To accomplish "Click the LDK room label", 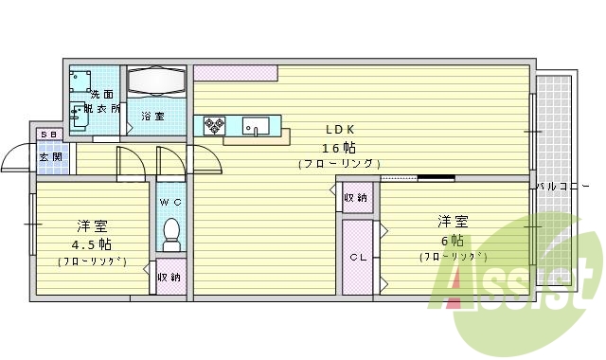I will pyautogui.click(x=340, y=129).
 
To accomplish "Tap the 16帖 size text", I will pyautogui.click(x=340, y=147).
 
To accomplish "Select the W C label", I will pyautogui.click(x=170, y=203).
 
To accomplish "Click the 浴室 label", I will pyautogui.click(x=153, y=117).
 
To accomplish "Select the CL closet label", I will pyautogui.click(x=357, y=258).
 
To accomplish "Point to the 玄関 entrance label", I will pyautogui.click(x=50, y=157).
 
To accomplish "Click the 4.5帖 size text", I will pyautogui.click(x=92, y=243).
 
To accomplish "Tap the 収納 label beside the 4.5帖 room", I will pyautogui.click(x=169, y=278).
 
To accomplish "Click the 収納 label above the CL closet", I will pyautogui.click(x=356, y=198).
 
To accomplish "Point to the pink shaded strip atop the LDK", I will pyautogui.click(x=236, y=72).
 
